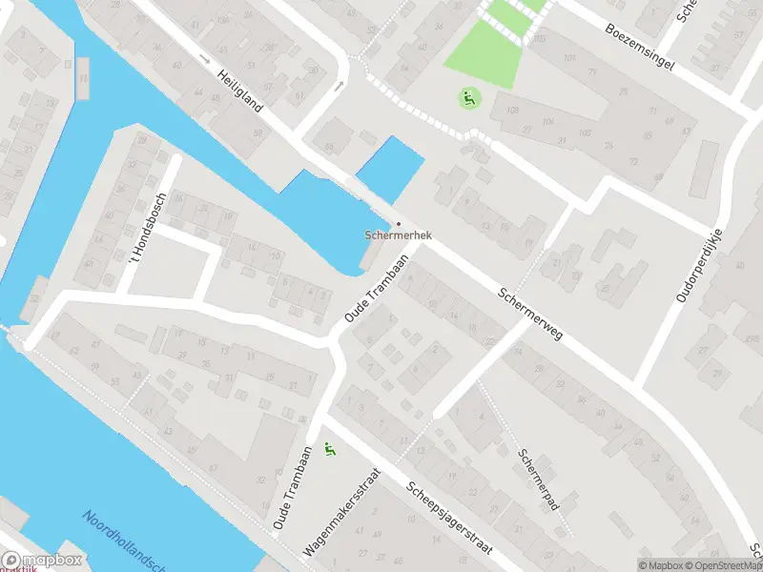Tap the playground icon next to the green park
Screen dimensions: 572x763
[467, 97]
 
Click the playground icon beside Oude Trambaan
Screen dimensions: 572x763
[330, 449]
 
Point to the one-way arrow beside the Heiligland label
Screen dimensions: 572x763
[205, 59]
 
